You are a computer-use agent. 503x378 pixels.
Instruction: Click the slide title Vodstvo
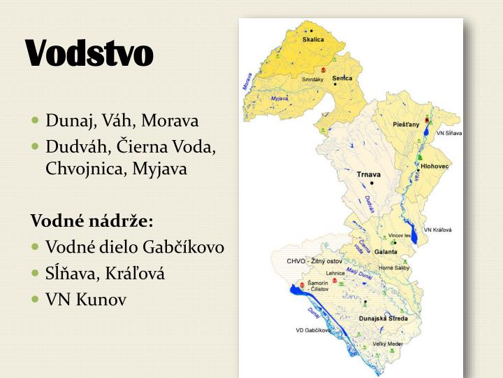point(89,54)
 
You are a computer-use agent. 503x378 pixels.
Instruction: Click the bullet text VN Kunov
point(86,300)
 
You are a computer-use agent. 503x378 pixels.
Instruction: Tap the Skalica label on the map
point(313,40)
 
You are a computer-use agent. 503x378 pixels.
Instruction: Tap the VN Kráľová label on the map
point(437,229)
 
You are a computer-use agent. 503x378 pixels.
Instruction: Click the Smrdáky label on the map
point(312,80)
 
